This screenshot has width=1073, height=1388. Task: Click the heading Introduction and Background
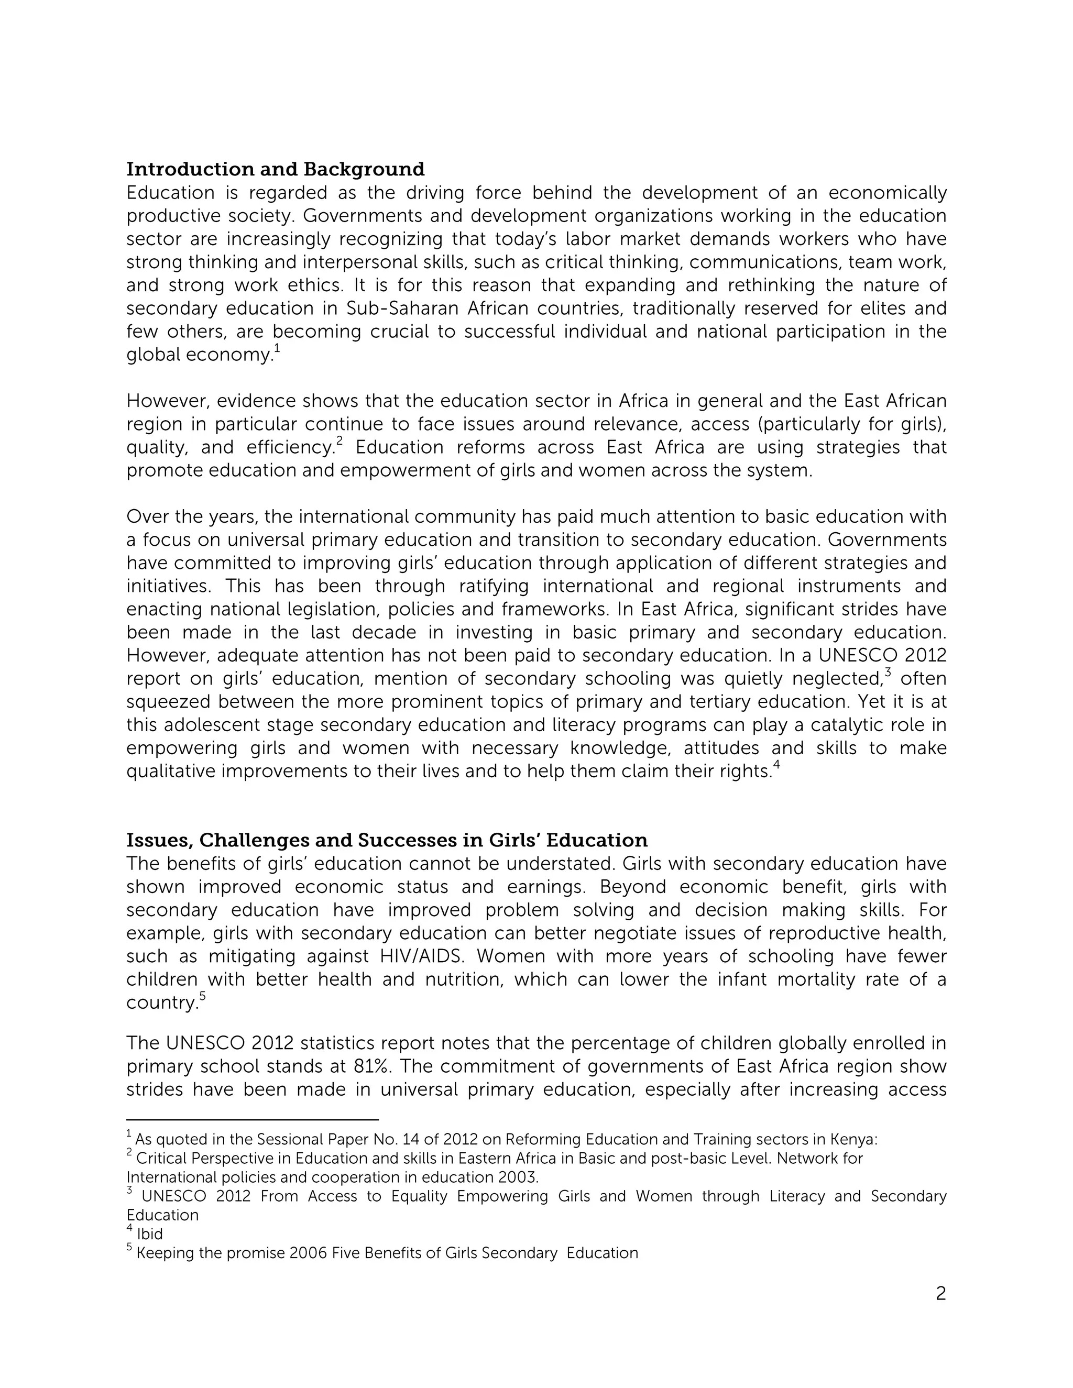click(x=275, y=169)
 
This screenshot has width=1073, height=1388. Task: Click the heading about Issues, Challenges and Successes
click(x=387, y=840)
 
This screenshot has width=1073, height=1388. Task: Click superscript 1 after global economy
click(x=277, y=348)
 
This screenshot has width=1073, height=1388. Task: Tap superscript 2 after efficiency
click(x=340, y=441)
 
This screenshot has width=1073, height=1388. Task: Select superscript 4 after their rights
click(x=776, y=765)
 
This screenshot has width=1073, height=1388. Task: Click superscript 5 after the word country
click(x=202, y=996)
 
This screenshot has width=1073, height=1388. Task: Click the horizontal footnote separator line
click(x=253, y=1120)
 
